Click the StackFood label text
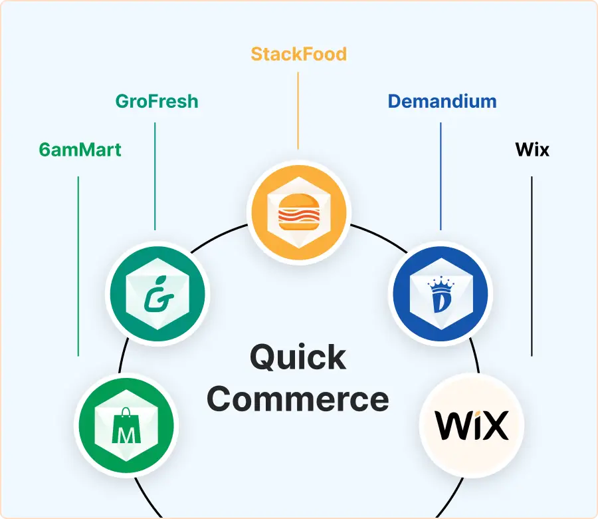coord(298,53)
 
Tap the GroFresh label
coord(157,102)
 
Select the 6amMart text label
coord(80,150)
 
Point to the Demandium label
coord(442,102)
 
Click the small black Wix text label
coord(532,150)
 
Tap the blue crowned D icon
coord(440,293)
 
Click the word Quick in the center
coord(298,358)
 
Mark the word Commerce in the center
coord(298,399)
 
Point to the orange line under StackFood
coord(298,110)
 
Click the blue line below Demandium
coord(441,176)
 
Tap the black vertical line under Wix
coord(532,266)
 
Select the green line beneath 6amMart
coord(78,266)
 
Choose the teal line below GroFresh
coord(155,176)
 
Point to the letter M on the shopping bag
coord(126,434)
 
